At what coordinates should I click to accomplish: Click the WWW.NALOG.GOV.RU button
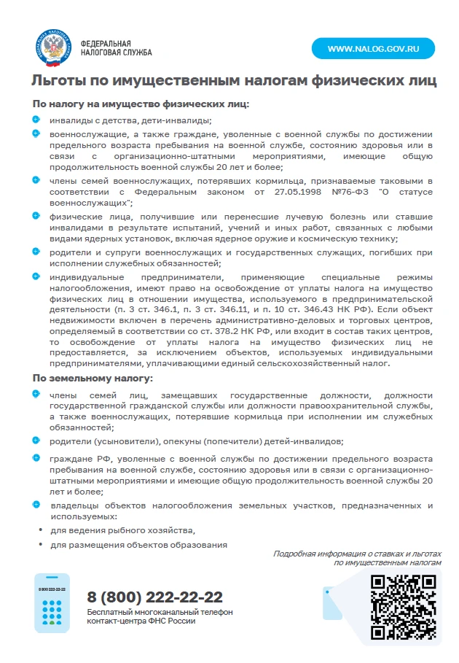click(x=373, y=49)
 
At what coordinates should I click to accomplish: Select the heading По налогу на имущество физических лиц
click(x=140, y=104)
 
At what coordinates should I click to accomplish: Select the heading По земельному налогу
click(x=92, y=378)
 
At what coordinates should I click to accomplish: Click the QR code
click(x=403, y=608)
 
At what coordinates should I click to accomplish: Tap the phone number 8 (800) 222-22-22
click(x=154, y=597)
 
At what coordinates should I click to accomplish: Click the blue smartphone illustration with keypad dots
click(x=52, y=603)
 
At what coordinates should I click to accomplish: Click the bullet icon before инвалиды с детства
click(x=36, y=120)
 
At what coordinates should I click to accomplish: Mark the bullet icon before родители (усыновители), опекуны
click(x=36, y=441)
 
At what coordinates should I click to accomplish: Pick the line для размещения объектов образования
click(x=138, y=545)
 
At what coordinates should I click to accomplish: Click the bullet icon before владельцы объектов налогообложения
click(x=36, y=505)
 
